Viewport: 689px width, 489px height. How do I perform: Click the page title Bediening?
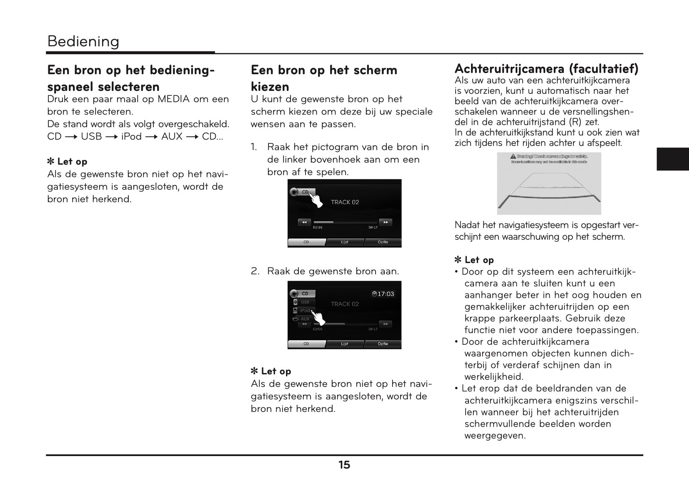(83, 41)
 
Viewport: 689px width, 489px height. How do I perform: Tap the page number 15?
(344, 465)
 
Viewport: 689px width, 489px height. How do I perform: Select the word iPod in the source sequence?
(131, 137)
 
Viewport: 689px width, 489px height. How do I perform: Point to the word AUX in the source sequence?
(172, 137)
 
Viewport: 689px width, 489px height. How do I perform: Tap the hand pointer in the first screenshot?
(317, 200)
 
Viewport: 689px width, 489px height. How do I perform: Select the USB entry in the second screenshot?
(304, 302)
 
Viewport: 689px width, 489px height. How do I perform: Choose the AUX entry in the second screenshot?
(304, 319)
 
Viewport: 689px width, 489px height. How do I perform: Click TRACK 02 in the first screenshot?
(345, 202)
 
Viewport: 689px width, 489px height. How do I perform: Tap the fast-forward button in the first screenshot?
(386, 222)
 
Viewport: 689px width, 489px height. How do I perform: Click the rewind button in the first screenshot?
(304, 222)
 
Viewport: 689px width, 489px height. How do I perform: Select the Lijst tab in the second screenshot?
(344, 344)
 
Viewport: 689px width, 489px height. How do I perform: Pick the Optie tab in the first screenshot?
(383, 242)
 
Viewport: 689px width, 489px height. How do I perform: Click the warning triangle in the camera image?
(514, 156)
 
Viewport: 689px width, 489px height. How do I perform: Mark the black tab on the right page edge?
(672, 159)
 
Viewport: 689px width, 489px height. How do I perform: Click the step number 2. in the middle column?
(255, 271)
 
